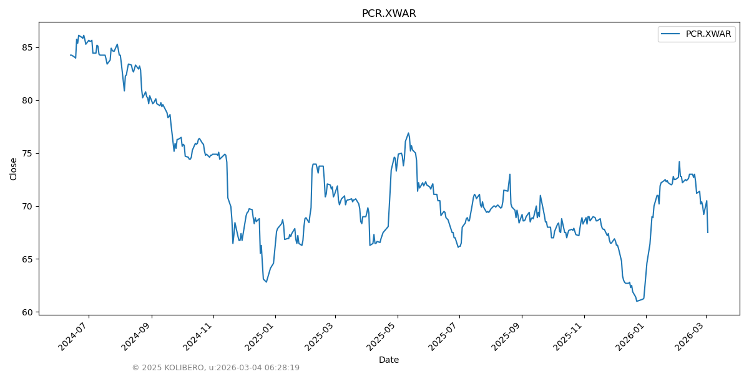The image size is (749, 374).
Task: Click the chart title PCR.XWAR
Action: point(389,14)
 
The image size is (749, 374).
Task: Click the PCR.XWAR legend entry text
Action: point(708,34)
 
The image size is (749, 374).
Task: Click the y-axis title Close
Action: point(14,169)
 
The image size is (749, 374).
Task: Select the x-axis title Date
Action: point(389,360)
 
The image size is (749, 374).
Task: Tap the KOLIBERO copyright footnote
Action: point(215,368)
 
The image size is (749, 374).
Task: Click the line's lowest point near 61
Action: point(637,301)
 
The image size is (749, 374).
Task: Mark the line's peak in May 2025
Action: point(408,133)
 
